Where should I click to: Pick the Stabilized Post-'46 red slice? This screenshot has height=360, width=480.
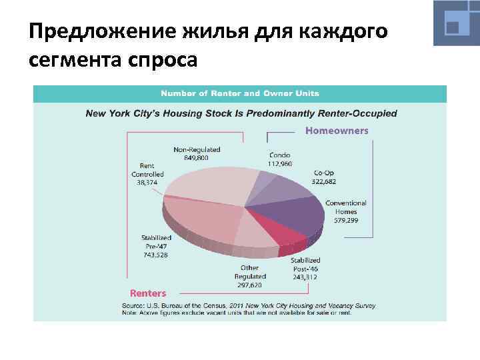pos(283,233)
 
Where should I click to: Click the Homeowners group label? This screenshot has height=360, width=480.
pos(337,131)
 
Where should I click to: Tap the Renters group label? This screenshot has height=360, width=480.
pos(148,293)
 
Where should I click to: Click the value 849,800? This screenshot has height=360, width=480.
pos(197,159)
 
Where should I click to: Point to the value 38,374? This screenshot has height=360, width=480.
pos(147,181)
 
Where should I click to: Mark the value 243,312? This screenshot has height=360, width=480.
pos(305,277)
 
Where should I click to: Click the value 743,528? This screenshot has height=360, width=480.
pos(156,254)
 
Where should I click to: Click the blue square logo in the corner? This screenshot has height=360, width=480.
pos(456,23)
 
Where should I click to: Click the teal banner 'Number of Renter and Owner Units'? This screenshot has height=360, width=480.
pos(239,93)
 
